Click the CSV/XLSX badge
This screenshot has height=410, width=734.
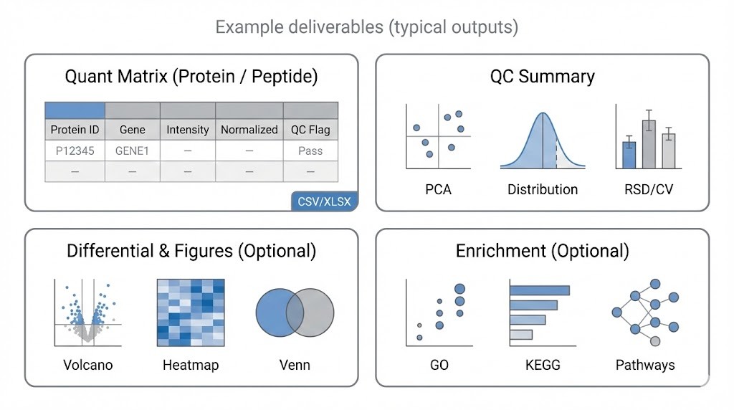pyautogui.click(x=325, y=201)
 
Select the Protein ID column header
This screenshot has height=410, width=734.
pyautogui.click(x=75, y=130)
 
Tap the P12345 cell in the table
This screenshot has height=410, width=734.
pyautogui.click(x=75, y=151)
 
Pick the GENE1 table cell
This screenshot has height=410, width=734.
pyautogui.click(x=133, y=151)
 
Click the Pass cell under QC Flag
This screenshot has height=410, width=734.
pyautogui.click(x=310, y=151)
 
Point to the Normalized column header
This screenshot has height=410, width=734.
pyautogui.click(x=249, y=130)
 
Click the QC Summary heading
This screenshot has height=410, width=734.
pyautogui.click(x=542, y=77)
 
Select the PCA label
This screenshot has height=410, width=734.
pyautogui.click(x=438, y=190)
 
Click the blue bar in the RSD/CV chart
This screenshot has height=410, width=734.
pyautogui.click(x=629, y=155)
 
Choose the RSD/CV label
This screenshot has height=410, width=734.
pyautogui.click(x=649, y=190)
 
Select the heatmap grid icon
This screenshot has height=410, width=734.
pyautogui.click(x=191, y=313)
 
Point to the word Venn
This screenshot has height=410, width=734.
pyautogui.click(x=295, y=365)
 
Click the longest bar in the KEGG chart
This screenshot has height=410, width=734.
pyautogui.click(x=540, y=290)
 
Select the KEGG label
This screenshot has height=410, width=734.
pyautogui.click(x=542, y=365)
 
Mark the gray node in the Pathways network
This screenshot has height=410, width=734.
pyautogui.click(x=654, y=340)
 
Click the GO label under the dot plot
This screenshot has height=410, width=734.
pyautogui.click(x=439, y=365)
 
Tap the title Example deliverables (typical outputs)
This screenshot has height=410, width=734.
pyautogui.click(x=366, y=28)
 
